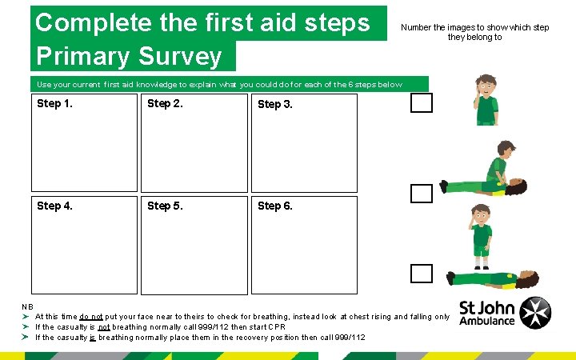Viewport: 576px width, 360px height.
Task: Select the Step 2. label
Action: pos(164,104)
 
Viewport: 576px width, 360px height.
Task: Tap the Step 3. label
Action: pos(274,105)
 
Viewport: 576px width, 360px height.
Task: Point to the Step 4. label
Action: pos(54,206)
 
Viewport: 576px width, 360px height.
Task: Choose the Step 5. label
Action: pos(164,206)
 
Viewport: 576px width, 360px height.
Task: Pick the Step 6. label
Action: pos(274,206)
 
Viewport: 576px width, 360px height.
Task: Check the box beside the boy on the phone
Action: pos(422,102)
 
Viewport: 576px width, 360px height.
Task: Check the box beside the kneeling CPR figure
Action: pos(422,194)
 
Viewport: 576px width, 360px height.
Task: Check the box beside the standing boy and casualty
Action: pos(422,274)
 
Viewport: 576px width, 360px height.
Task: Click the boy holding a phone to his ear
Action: pos(486,100)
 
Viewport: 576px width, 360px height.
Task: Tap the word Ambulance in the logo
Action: pos(487,322)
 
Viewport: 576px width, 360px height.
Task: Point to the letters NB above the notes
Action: pos(28,306)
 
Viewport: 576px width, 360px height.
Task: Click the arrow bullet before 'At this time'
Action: pos(26,317)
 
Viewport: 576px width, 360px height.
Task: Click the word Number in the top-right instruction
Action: pos(418,27)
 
